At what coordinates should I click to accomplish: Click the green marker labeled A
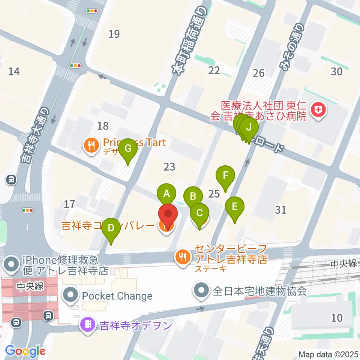pyautogui.click(x=167, y=194)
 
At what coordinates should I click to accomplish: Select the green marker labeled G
pyautogui.click(x=128, y=148)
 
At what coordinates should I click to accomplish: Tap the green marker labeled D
pyautogui.click(x=111, y=228)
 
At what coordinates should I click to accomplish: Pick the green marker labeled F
pyautogui.click(x=225, y=175)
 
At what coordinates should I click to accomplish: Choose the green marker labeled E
pyautogui.click(x=235, y=206)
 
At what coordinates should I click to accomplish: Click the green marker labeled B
pyautogui.click(x=193, y=196)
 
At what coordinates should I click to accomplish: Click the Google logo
pyautogui.click(x=25, y=351)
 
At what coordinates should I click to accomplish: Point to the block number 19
pyautogui.click(x=114, y=34)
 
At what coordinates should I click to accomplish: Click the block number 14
pyautogui.click(x=14, y=71)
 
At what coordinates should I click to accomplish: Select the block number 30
pyautogui.click(x=337, y=71)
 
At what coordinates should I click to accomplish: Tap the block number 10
pyautogui.click(x=337, y=318)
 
